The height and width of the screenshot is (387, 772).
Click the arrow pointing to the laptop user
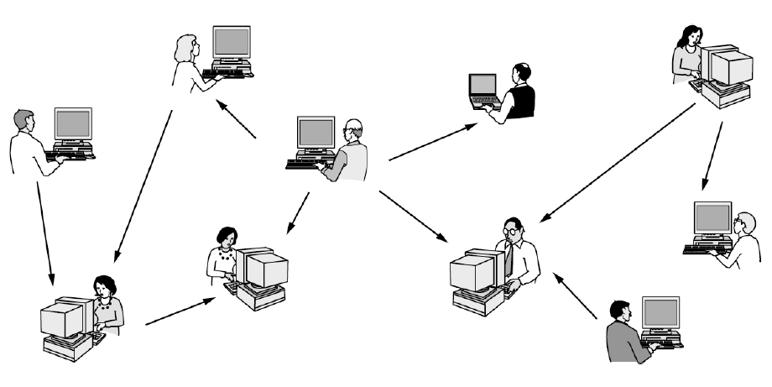433,141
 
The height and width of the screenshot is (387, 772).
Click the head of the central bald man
354,130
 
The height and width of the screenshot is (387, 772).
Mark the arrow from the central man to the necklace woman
297,212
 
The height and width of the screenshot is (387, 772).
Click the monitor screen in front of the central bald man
316,133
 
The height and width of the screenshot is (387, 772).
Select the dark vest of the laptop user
524,102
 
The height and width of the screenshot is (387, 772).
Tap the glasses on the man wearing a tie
510,230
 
